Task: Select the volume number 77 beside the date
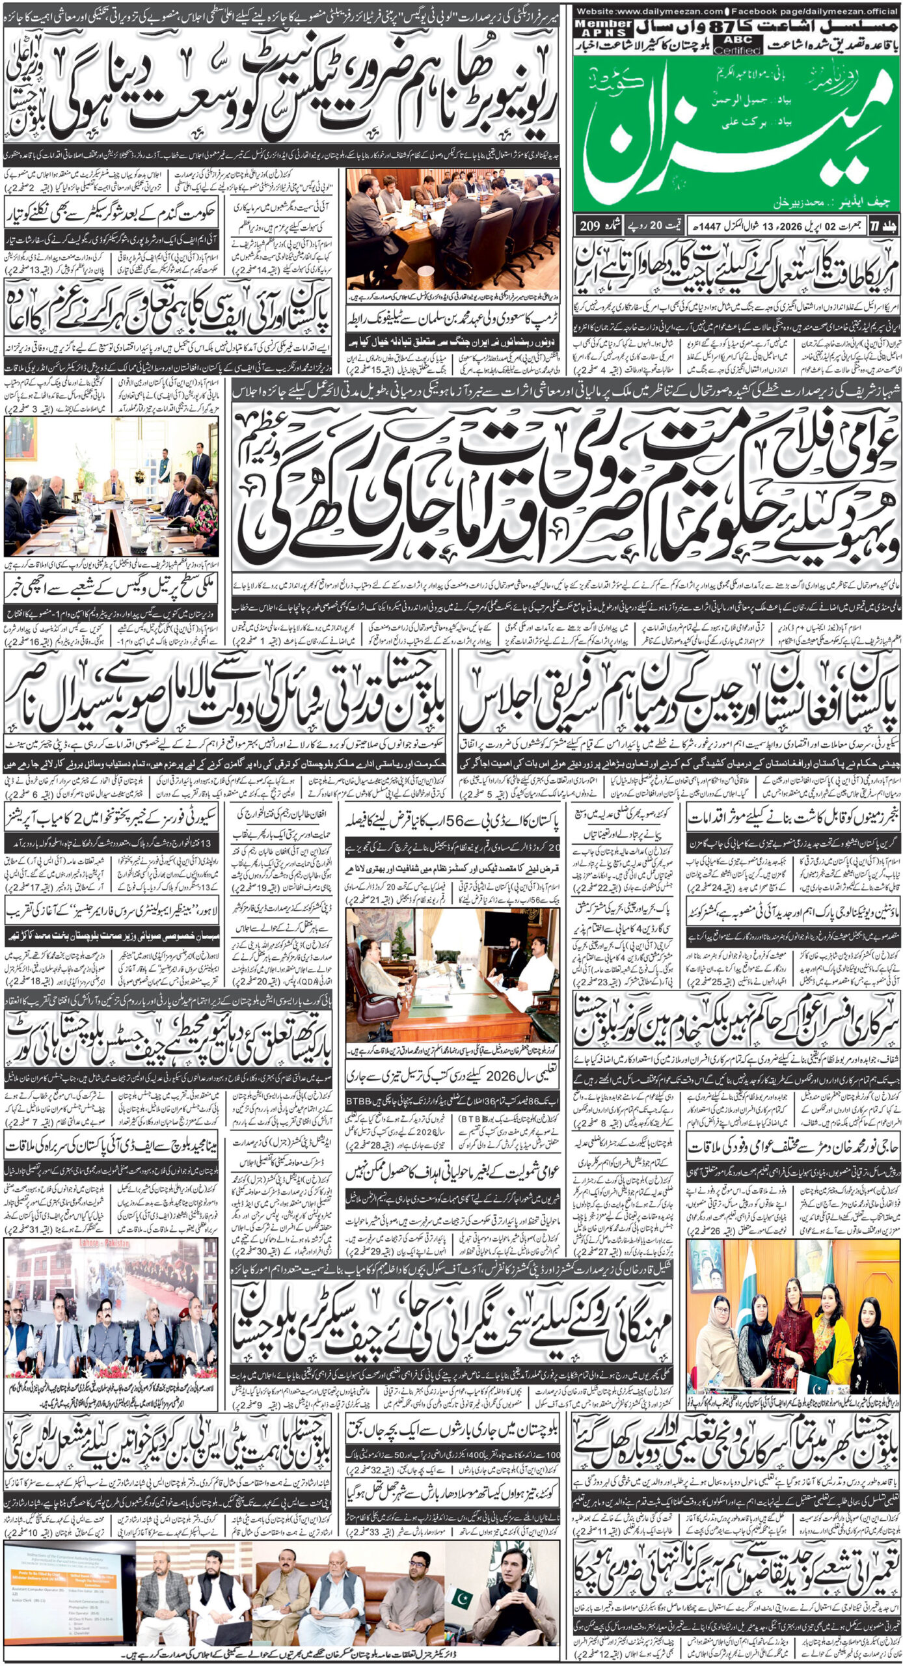click(885, 225)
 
